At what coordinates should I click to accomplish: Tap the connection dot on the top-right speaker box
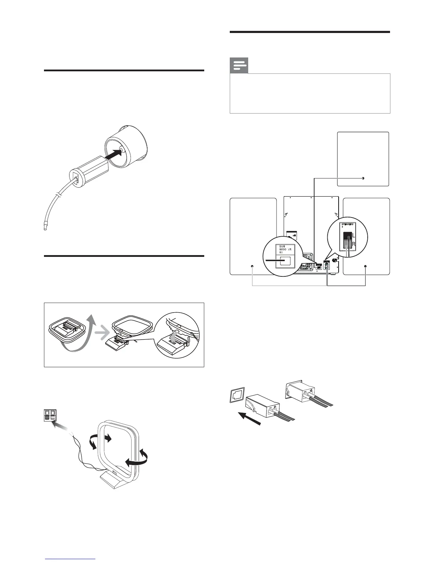point(363,178)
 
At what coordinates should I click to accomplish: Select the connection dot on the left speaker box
point(252,266)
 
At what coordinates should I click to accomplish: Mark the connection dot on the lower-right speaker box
point(365,266)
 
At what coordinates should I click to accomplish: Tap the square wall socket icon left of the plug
point(236,396)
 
